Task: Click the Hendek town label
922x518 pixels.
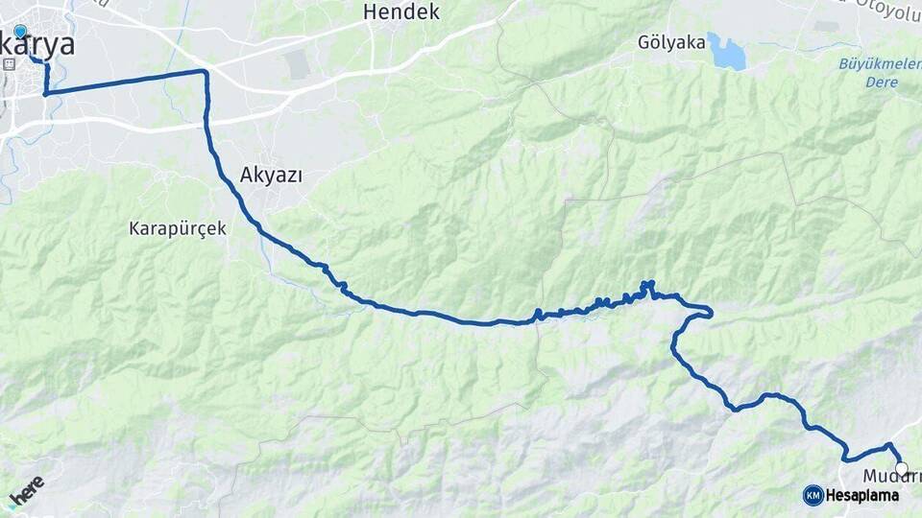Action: pyautogui.click(x=401, y=12)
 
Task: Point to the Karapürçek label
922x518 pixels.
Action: pyautogui.click(x=178, y=229)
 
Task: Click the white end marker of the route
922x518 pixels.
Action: pyautogui.click(x=901, y=469)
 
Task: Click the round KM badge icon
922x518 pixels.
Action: pyautogui.click(x=813, y=495)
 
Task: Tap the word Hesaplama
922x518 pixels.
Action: pyautogui.click(x=861, y=495)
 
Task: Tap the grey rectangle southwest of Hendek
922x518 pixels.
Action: pyautogui.click(x=298, y=64)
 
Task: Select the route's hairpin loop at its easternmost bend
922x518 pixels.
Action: pyautogui.click(x=709, y=311)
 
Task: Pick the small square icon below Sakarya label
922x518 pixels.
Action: pyautogui.click(x=10, y=64)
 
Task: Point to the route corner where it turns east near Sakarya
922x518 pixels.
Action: pyautogui.click(x=45, y=94)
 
